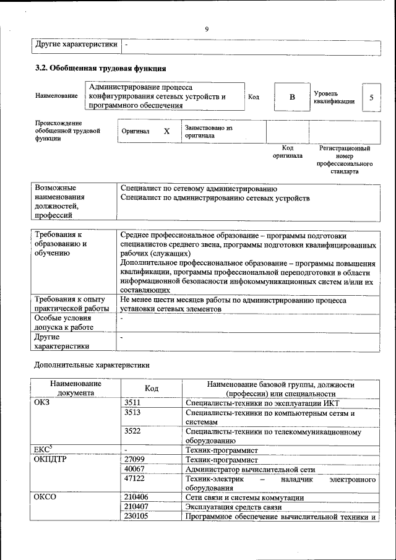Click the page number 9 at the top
pyautogui.click(x=207, y=28)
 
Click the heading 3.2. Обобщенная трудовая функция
pyautogui.click(x=100, y=68)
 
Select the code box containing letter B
pyautogui.click(x=292, y=97)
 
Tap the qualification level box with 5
pyautogui.click(x=371, y=97)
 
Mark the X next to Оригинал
pyautogui.click(x=166, y=131)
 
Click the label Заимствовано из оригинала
pyautogui.click(x=208, y=131)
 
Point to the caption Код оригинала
pyautogui.click(x=288, y=152)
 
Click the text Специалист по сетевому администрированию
pyautogui.click(x=199, y=188)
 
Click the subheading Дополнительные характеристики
pyautogui.click(x=92, y=365)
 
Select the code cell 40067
pyautogui.click(x=134, y=469)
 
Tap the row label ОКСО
pyautogui.click(x=46, y=498)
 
